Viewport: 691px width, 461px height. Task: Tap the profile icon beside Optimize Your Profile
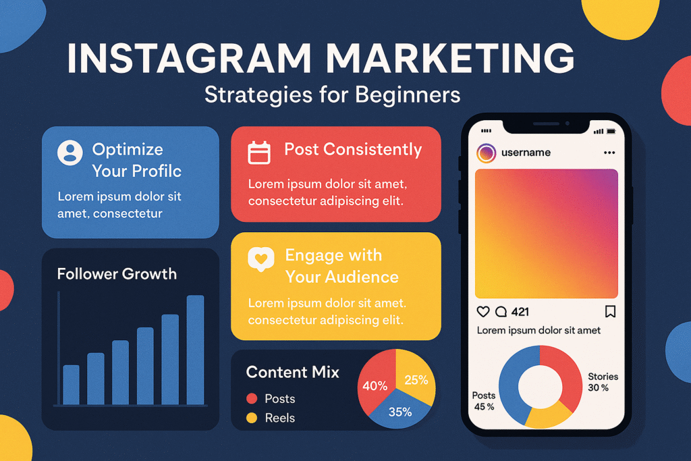(x=70, y=153)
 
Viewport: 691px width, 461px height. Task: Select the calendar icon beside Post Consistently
(x=259, y=153)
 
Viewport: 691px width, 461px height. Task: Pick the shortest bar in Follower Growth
(x=71, y=385)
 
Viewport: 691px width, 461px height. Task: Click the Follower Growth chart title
(x=117, y=274)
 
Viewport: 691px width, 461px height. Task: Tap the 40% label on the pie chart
(x=375, y=386)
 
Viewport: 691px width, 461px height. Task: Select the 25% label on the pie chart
(x=416, y=380)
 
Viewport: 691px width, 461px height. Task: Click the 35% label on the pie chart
(x=400, y=412)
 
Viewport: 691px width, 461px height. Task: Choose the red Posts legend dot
(x=252, y=398)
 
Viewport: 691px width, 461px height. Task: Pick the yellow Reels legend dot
(x=252, y=418)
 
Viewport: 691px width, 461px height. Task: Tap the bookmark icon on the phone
(x=610, y=312)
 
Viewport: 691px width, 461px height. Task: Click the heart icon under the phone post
(x=483, y=312)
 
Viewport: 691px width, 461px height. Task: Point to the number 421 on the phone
(x=520, y=312)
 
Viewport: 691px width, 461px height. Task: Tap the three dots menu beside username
(x=610, y=153)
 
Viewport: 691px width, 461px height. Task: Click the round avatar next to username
(x=486, y=153)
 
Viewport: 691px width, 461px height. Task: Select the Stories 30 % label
(x=603, y=382)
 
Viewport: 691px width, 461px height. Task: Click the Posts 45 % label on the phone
(x=484, y=401)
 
